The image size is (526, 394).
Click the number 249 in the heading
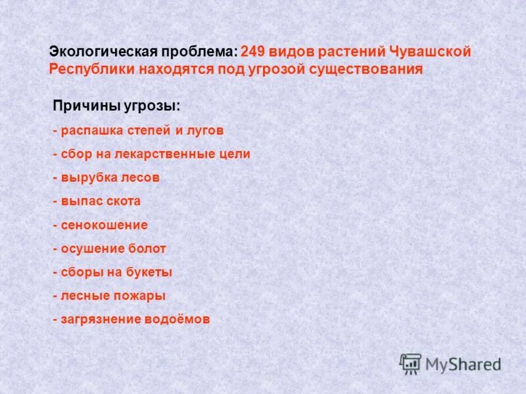click(x=254, y=52)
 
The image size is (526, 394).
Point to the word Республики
click(x=90, y=69)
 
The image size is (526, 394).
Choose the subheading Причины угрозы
click(x=116, y=106)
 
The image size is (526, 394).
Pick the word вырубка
click(x=88, y=177)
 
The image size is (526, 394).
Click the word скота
click(x=123, y=201)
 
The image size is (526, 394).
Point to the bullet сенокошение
click(x=104, y=225)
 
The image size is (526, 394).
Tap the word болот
click(x=147, y=248)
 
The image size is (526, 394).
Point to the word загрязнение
click(x=101, y=319)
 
